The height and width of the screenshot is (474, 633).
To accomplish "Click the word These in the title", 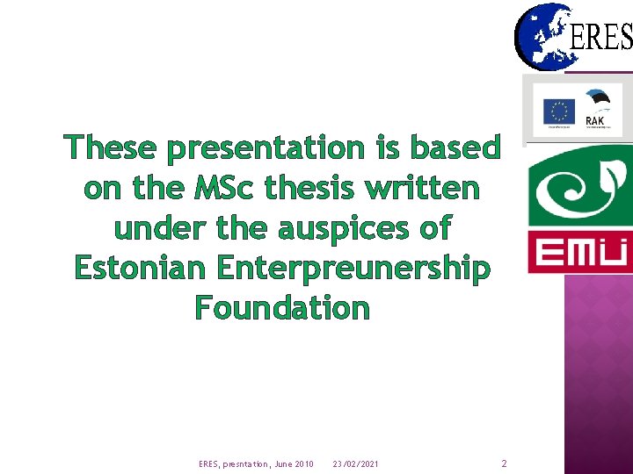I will tap(112, 147).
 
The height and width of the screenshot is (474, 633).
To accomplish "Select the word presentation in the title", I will tap(265, 149).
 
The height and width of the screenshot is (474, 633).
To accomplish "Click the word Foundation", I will tap(282, 308).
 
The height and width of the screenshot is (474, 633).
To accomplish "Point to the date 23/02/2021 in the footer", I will tap(356, 463).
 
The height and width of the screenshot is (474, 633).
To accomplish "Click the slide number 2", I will tap(504, 463).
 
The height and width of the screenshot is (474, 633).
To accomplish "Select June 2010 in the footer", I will tap(293, 463).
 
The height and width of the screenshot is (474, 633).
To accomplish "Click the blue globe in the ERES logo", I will tap(542, 35).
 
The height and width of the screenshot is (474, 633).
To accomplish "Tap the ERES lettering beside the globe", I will tap(601, 37).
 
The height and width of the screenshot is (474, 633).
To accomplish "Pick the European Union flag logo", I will tap(558, 112).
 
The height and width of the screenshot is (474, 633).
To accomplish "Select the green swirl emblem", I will tap(578, 186).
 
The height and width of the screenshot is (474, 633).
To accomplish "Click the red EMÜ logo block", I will tap(579, 253).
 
